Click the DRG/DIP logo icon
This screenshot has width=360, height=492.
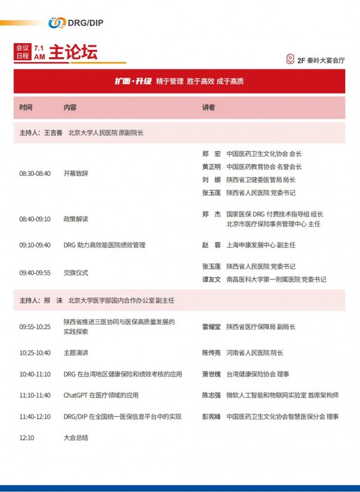[x=57, y=22]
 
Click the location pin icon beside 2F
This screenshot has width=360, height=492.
[x=290, y=60]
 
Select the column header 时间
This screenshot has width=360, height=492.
[x=26, y=107]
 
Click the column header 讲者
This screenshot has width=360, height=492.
[x=209, y=107]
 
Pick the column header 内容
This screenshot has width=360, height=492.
[x=70, y=107]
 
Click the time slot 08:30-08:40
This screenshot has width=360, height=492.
[x=35, y=173]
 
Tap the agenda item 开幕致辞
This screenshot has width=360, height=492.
[x=76, y=173]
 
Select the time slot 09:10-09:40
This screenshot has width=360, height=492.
[x=35, y=245]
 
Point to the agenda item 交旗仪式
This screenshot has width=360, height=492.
[x=76, y=272]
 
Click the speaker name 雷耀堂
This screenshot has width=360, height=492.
[x=211, y=327]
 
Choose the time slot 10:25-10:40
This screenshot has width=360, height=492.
[x=35, y=353]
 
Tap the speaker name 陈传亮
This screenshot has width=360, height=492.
[x=211, y=353]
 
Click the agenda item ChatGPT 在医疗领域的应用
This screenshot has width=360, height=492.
[x=101, y=395]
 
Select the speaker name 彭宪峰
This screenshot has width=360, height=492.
[x=211, y=416]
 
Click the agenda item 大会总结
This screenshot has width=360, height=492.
[x=76, y=438]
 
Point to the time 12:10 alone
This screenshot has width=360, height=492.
[x=26, y=438]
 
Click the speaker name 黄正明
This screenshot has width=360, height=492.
[x=211, y=167]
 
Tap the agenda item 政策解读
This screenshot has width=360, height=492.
[x=76, y=219]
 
